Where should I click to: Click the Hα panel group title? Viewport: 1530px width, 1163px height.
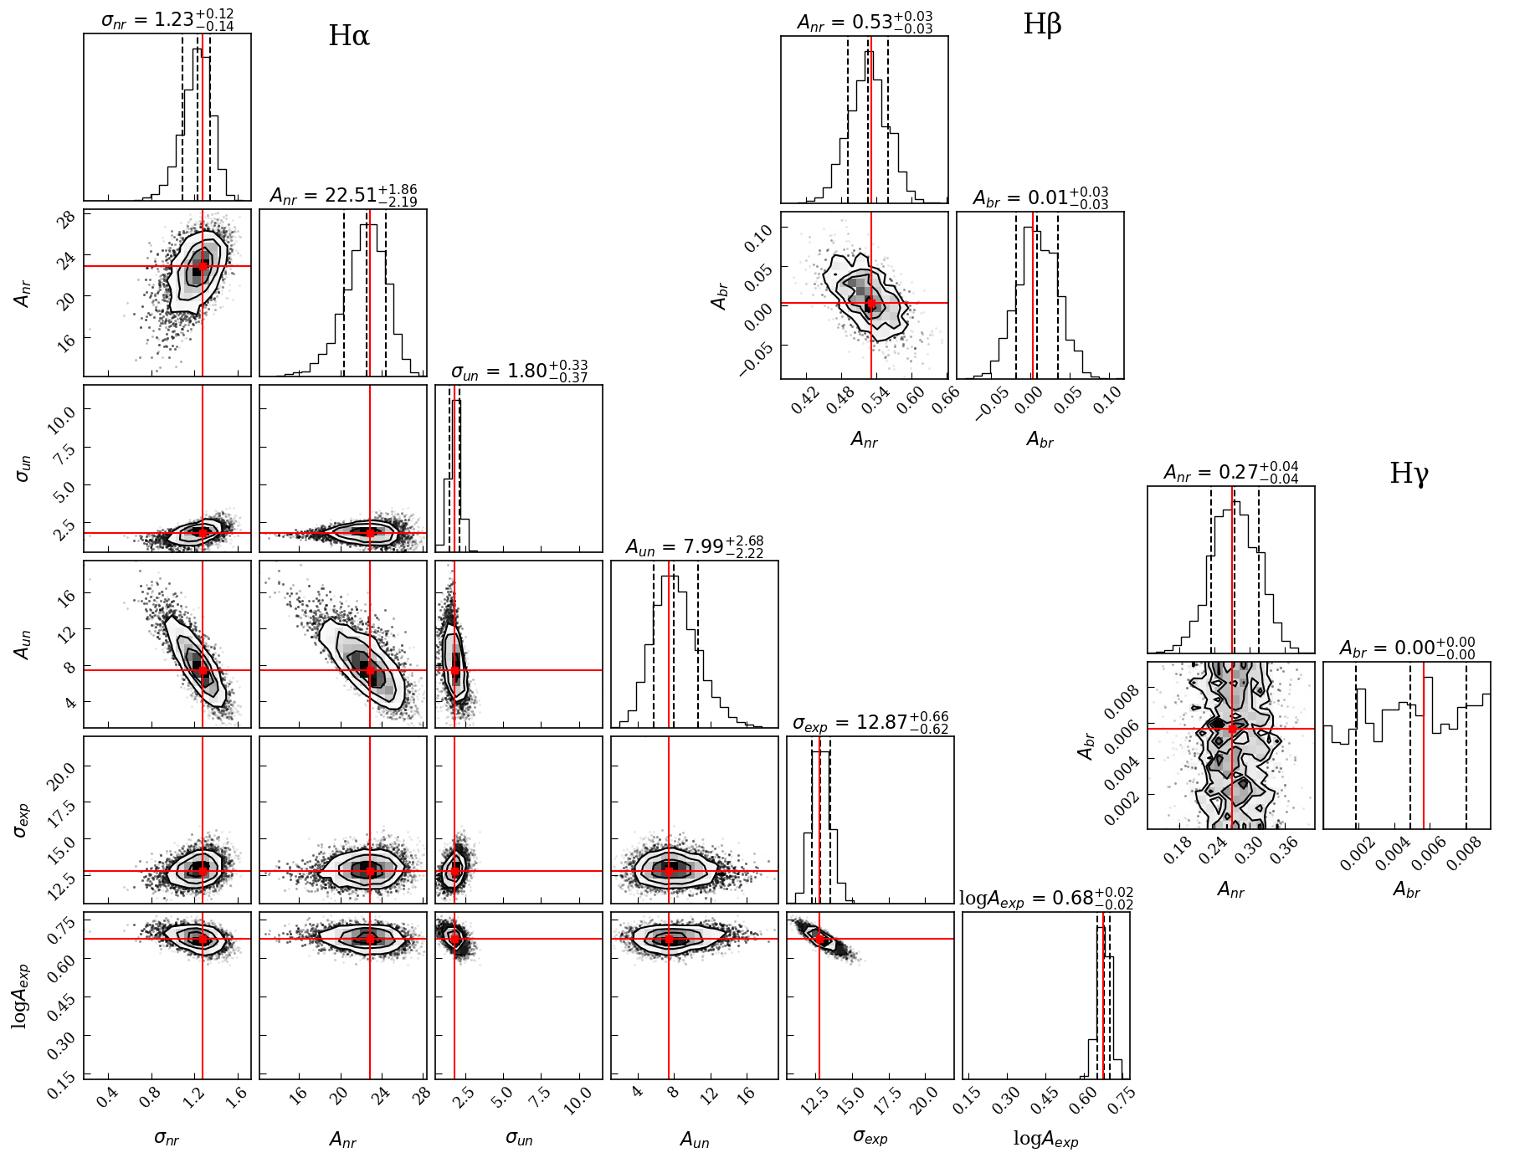tap(348, 35)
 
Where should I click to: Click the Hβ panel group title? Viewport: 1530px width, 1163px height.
tap(1042, 24)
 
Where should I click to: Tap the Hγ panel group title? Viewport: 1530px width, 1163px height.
tap(1409, 474)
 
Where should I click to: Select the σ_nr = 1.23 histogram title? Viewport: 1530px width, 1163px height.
tap(167, 19)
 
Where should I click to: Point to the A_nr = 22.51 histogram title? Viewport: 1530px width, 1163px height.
tap(343, 195)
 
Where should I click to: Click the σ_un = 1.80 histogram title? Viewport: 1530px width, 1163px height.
tap(519, 371)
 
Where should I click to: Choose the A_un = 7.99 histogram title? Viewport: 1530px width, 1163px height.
tap(695, 546)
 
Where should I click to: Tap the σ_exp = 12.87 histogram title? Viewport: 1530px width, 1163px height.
tap(870, 722)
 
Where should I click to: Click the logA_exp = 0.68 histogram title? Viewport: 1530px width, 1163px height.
tap(1045, 899)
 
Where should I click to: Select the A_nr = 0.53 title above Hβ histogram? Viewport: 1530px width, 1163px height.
tap(865, 22)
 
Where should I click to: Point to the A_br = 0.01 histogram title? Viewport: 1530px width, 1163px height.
tap(1040, 197)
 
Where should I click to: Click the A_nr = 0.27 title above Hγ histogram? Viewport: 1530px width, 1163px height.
tap(1231, 472)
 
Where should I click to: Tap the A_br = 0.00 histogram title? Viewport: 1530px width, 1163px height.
tap(1407, 648)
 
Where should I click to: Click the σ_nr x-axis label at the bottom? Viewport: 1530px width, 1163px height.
tap(167, 1138)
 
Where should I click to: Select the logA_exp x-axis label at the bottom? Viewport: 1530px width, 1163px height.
tap(1045, 1139)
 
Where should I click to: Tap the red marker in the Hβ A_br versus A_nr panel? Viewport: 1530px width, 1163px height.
tap(870, 304)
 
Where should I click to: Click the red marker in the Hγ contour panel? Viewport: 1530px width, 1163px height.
tap(1232, 729)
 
